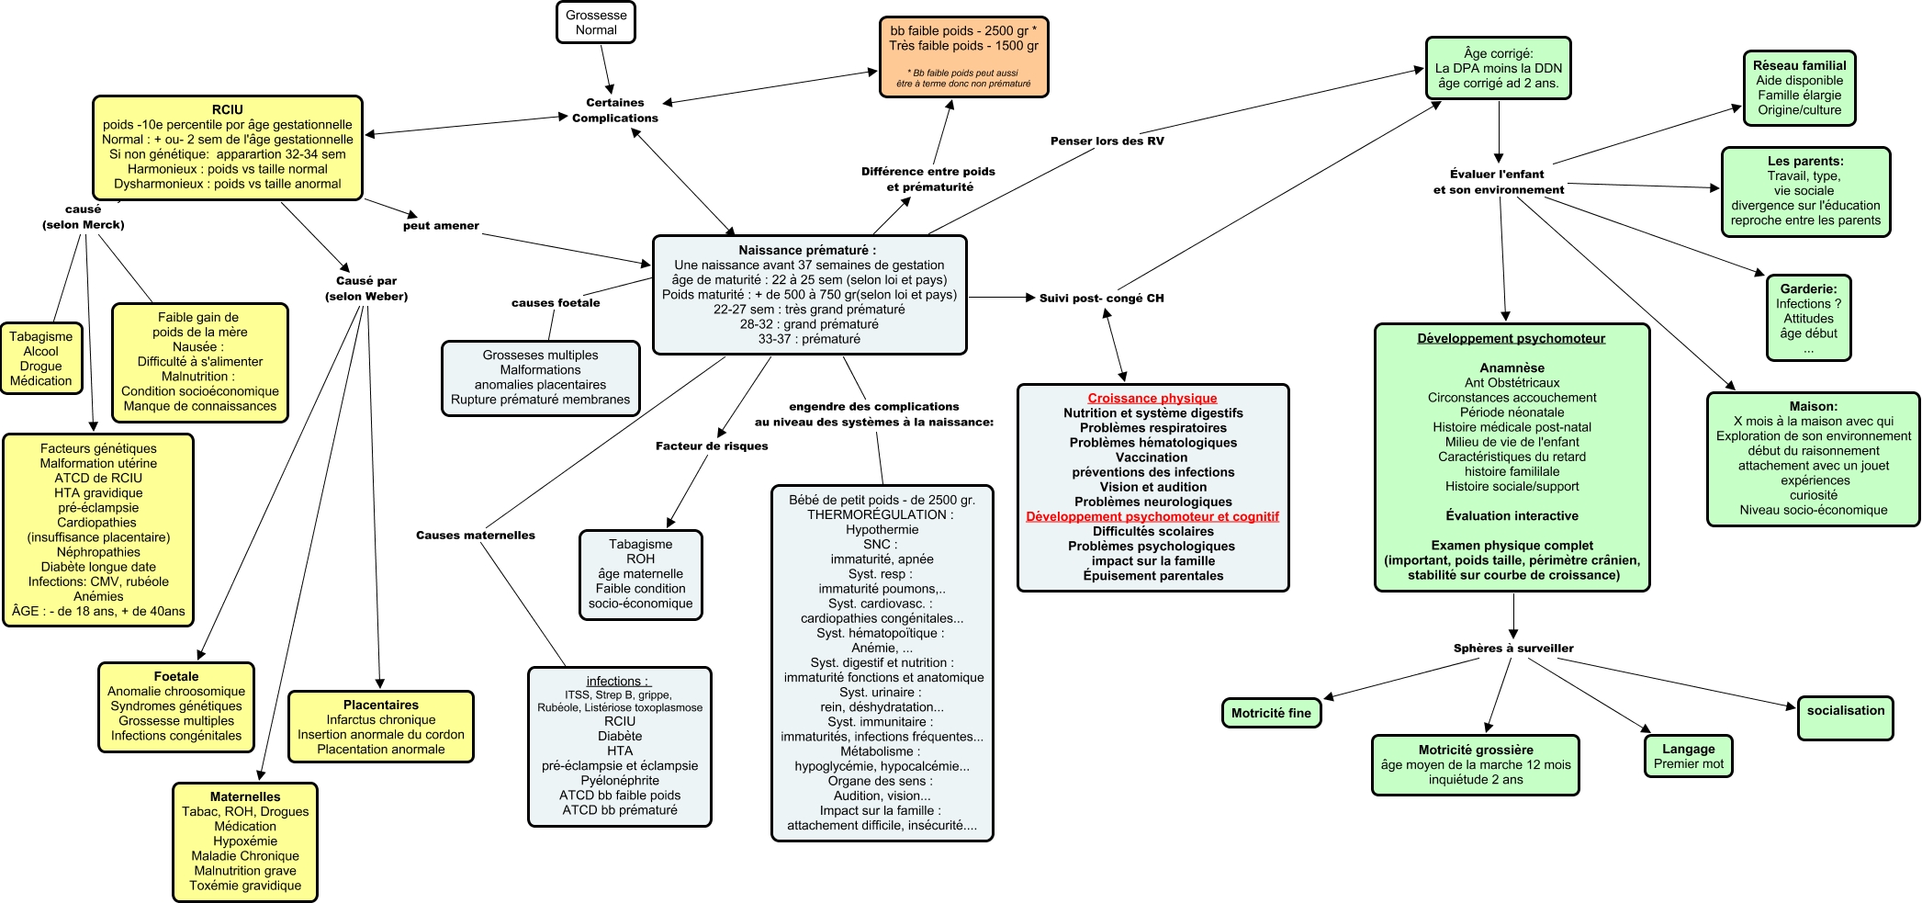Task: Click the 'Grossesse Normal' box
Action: pos(596,23)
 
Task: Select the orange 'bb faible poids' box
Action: pos(963,56)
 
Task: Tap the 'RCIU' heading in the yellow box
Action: pos(228,109)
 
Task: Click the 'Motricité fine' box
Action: pos(1271,713)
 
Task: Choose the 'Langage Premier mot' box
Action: pos(1689,756)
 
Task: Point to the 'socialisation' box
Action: pos(1845,717)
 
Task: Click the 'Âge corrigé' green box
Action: pos(1498,68)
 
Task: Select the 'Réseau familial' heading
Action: pos(1799,65)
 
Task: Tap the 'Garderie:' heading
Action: pos(1808,288)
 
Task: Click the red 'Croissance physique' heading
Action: pos(1152,398)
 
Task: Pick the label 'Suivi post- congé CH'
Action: pos(1101,298)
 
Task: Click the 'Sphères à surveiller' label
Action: pos(1512,648)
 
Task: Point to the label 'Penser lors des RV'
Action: pos(1107,141)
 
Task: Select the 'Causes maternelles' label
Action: pos(475,535)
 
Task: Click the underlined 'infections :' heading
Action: pos(618,681)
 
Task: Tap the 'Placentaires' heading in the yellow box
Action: pos(381,705)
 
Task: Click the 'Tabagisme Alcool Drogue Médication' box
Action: pos(41,358)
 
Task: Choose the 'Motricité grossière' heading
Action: pos(1476,750)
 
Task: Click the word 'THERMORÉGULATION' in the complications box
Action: pos(876,514)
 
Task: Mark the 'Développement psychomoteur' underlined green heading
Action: pos(1512,338)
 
